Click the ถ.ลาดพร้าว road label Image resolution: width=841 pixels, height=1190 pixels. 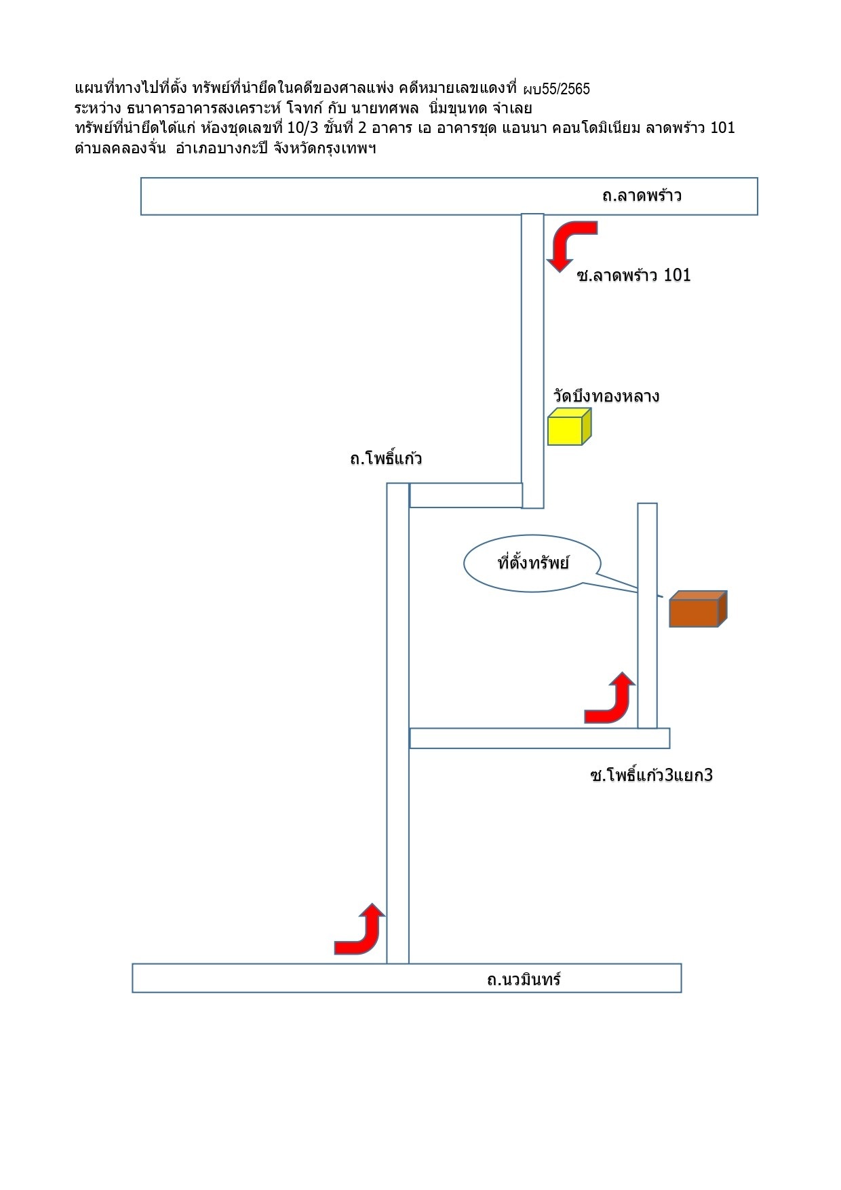[641, 196]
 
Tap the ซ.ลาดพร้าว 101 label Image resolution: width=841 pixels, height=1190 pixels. [633, 274]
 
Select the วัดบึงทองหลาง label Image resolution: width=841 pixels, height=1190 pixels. [606, 396]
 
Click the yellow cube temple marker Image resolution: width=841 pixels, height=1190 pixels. [570, 427]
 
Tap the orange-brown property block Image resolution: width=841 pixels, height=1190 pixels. [698, 608]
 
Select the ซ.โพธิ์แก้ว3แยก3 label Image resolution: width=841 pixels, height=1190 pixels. [651, 774]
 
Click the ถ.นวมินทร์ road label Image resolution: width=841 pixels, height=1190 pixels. [524, 979]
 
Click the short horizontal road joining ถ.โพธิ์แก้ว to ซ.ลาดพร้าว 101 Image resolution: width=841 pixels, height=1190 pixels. [466, 495]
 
